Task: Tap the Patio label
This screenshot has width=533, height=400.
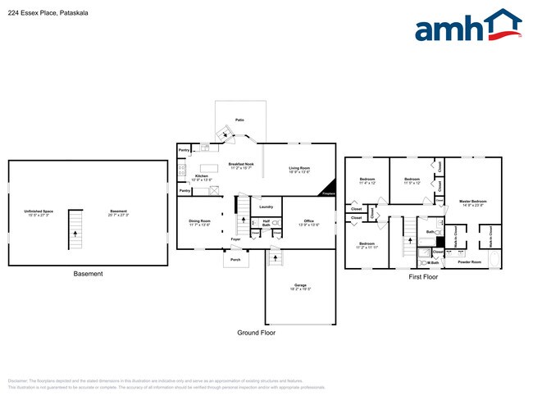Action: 239,120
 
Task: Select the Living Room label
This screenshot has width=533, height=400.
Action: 299,169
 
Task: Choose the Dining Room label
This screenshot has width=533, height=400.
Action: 200,221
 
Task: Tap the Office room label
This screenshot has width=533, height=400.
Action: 309,221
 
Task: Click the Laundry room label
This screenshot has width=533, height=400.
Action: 266,207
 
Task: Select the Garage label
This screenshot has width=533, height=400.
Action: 300,286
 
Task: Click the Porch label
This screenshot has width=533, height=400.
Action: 235,259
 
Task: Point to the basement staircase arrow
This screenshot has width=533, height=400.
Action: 75,233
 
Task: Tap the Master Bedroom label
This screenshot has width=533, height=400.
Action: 473,202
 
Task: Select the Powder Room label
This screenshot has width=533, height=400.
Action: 469,261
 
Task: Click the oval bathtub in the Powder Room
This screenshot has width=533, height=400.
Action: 494,260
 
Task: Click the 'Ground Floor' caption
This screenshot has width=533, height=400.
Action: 256,333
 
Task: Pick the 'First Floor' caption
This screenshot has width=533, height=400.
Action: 423,277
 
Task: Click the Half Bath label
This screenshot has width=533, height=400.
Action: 266,224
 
